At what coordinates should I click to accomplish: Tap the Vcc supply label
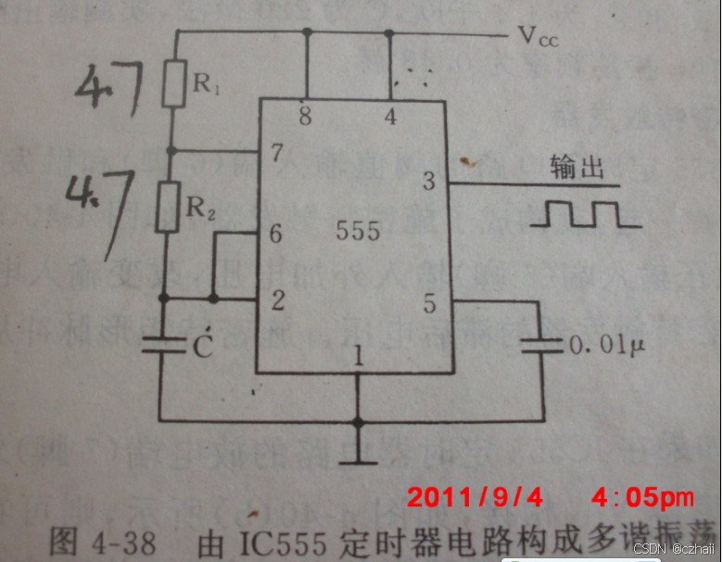pos(538,37)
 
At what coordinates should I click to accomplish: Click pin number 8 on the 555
pos(305,117)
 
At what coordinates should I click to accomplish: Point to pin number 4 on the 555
pos(390,117)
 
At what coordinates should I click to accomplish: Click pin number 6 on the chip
pos(275,234)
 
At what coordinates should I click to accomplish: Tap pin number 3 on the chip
pos(428,181)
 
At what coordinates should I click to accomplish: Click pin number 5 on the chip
pos(428,301)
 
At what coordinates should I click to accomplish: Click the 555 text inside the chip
pos(358,230)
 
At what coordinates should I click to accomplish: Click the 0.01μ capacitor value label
pos(607,346)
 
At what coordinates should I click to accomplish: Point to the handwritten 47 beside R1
pos(108,90)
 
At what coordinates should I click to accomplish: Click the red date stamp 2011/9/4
pos(475,497)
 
